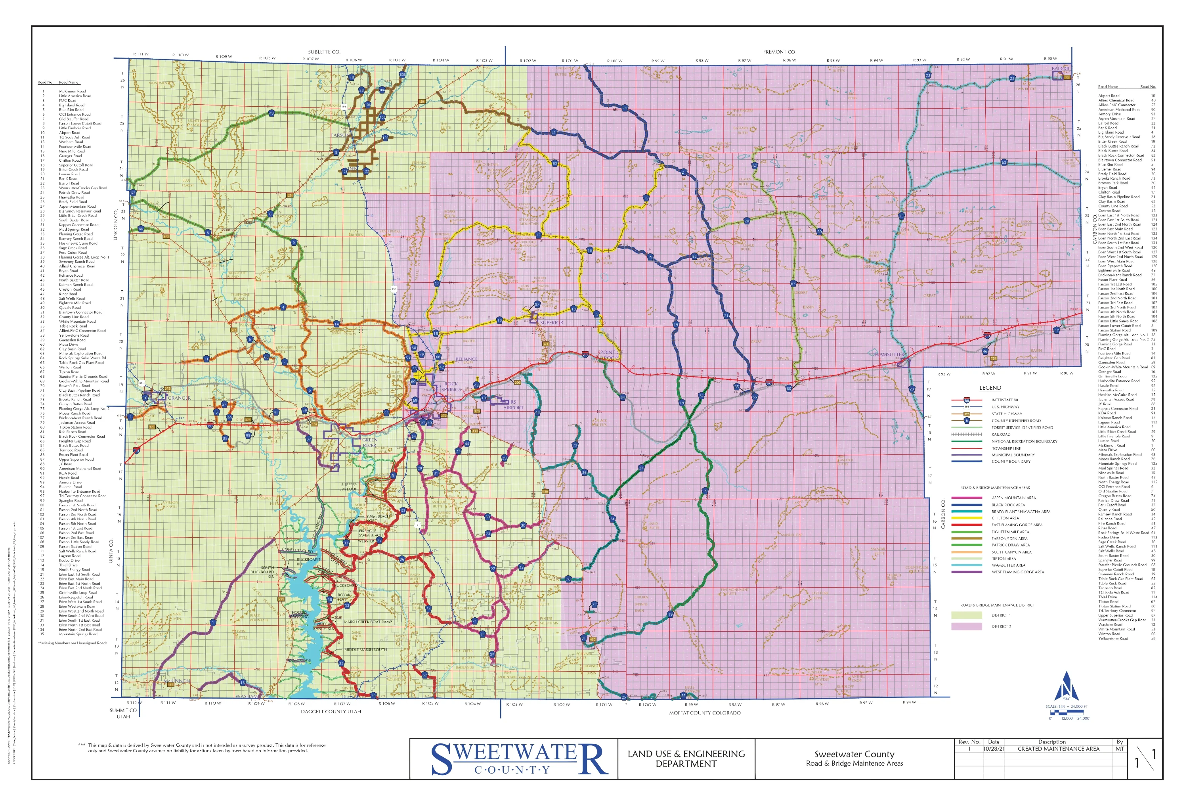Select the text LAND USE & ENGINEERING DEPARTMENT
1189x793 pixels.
pyautogui.click(x=686, y=759)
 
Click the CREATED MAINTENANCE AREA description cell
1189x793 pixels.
pyautogui.click(x=1058, y=749)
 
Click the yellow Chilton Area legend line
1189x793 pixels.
pyautogui.click(x=967, y=518)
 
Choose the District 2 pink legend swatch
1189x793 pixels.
pyautogui.click(x=967, y=626)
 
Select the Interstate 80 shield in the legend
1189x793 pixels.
pyautogui.click(x=967, y=400)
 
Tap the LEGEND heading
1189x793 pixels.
pyautogui.click(x=990, y=388)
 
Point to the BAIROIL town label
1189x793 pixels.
pyautogui.click(x=1061, y=69)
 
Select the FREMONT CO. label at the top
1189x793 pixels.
pyautogui.click(x=779, y=52)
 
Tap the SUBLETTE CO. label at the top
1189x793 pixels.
pyautogui.click(x=324, y=52)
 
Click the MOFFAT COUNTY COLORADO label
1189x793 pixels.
pyautogui.click(x=705, y=713)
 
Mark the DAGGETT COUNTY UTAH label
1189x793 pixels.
pyautogui.click(x=331, y=712)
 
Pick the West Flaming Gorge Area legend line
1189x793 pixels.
pyautogui.click(x=967, y=572)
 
